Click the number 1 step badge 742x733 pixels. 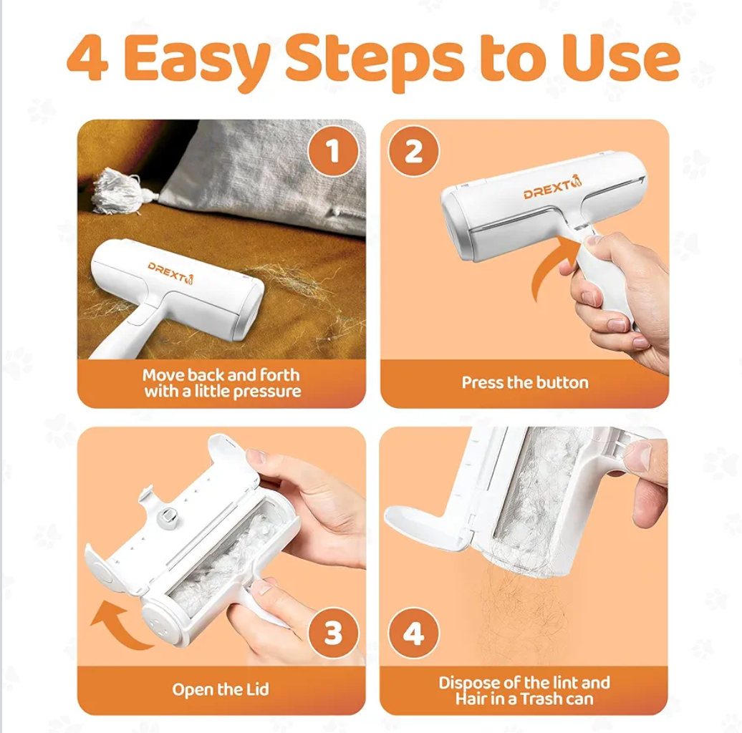pos(333,151)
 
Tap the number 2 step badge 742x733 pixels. pos(413,151)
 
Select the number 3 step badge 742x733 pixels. pos(333,633)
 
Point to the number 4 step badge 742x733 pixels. pos(413,633)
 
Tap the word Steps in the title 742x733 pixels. pos(375,59)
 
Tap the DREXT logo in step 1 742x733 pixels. pos(171,273)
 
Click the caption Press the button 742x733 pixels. pos(525,382)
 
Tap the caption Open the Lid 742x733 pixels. pos(221,689)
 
